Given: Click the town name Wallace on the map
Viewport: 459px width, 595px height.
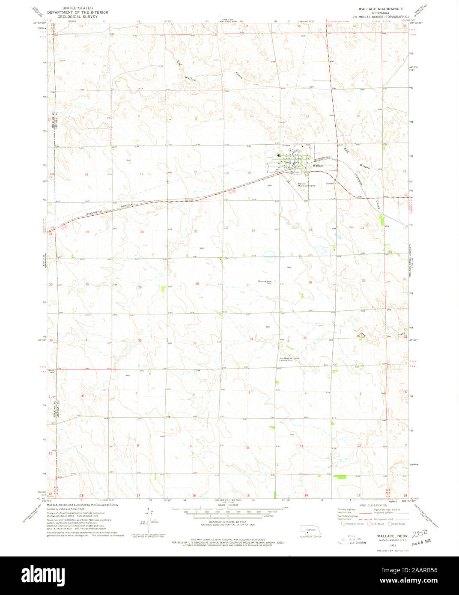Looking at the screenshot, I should [318, 165].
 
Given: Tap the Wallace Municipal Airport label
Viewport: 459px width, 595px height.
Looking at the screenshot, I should [307, 184].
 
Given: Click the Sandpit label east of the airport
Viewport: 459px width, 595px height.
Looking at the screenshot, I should [330, 183].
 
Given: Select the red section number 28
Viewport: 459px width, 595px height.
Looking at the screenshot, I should [197, 284].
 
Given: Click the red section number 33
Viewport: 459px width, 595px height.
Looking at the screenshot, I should [195, 343].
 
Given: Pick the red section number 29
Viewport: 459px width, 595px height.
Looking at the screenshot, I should [140, 287].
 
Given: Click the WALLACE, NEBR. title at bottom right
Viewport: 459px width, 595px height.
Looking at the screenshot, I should [391, 535].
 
